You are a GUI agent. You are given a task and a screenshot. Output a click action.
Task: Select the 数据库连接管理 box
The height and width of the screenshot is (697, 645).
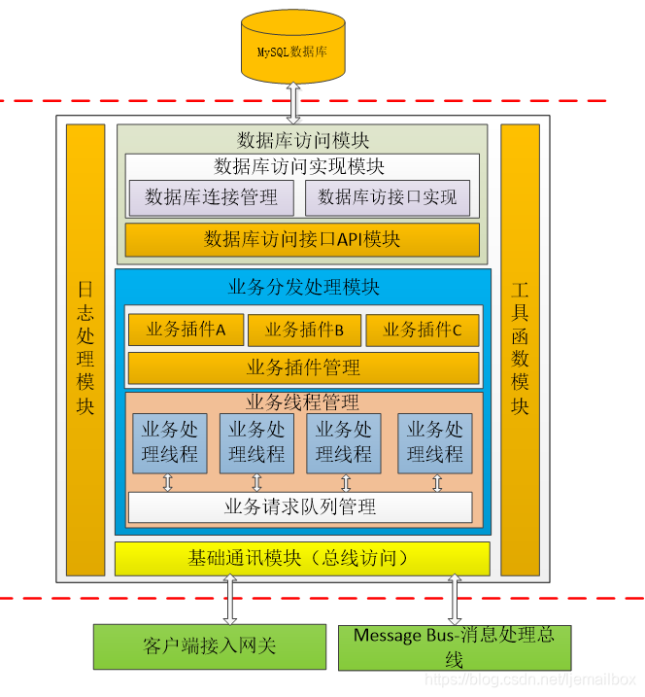[211, 197]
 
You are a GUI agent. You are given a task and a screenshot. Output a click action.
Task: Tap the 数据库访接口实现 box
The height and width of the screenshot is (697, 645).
[388, 197]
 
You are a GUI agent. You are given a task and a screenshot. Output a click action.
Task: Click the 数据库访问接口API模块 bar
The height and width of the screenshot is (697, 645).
[302, 239]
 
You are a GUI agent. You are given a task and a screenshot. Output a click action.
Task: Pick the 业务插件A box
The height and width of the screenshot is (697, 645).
[186, 330]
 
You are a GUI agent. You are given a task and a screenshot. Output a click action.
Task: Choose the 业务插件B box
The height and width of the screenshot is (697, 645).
[304, 330]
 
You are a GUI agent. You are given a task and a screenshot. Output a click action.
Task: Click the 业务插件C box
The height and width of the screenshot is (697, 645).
[423, 330]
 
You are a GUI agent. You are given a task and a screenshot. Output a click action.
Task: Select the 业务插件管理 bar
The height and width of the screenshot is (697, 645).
[303, 367]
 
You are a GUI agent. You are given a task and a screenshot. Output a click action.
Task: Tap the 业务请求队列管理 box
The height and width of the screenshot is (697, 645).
[300, 506]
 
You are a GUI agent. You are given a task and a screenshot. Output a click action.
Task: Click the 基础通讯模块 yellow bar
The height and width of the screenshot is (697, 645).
[302, 558]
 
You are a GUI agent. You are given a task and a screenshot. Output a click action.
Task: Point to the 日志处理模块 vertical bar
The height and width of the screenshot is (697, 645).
[85, 347]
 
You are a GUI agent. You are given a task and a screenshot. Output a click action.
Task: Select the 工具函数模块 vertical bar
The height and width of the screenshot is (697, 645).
[520, 347]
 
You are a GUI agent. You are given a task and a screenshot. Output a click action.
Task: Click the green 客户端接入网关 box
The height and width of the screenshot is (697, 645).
[208, 646]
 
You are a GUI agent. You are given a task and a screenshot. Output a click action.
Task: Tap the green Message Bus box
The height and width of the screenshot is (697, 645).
[454, 647]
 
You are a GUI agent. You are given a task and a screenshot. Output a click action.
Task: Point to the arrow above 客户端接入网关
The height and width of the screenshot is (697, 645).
[230, 600]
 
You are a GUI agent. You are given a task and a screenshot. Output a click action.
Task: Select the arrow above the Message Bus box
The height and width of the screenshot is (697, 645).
[453, 600]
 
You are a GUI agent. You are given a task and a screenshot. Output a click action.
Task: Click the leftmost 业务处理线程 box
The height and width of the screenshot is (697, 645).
[170, 442]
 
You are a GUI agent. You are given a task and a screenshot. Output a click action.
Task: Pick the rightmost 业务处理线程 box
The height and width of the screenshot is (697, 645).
[434, 442]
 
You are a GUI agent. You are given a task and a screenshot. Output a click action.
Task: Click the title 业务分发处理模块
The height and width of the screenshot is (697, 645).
[303, 287]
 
